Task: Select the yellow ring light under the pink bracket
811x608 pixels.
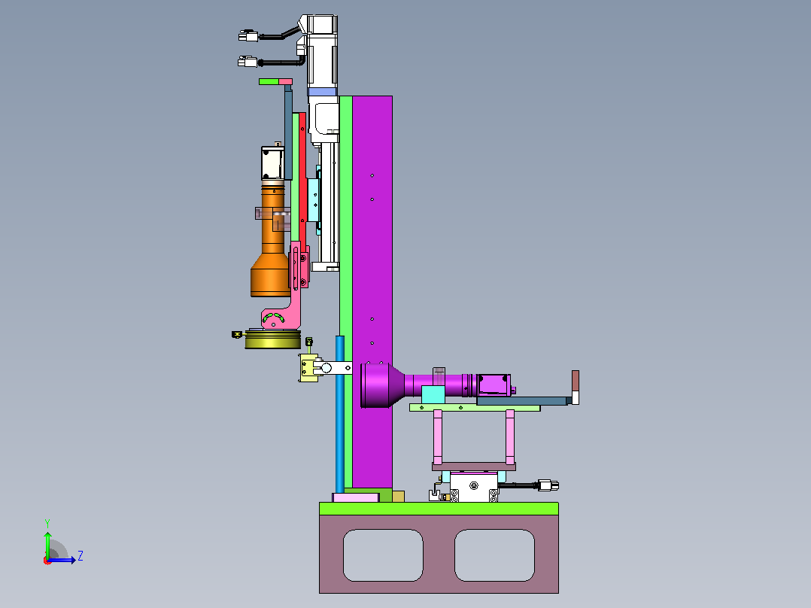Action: coord(272,339)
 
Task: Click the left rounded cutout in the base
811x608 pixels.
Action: coord(383,555)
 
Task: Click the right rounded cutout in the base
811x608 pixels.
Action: coord(494,555)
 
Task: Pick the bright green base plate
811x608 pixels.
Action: coord(439,508)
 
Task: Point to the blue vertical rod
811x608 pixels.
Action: coord(340,414)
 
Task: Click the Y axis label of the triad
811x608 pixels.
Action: coord(47,523)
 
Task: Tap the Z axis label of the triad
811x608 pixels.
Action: coord(80,556)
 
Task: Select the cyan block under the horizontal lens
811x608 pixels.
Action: coord(433,395)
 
